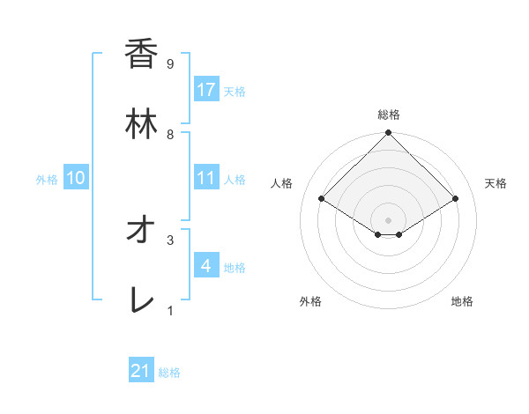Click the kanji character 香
tap(141, 55)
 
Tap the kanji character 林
tap(141, 124)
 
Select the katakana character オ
tap(141, 230)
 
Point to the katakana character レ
tap(141, 299)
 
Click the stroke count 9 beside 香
tap(169, 64)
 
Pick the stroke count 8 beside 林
tap(169, 134)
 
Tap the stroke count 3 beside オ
tap(169, 239)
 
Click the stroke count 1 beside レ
tap(169, 309)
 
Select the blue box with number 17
tap(206, 90)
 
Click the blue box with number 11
tap(206, 178)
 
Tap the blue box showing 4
tap(206, 265)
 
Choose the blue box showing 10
tap(76, 178)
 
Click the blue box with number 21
tap(141, 371)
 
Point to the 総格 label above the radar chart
tap(389, 115)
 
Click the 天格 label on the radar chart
tap(495, 183)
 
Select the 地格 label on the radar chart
tap(462, 301)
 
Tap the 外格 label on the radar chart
tap(310, 301)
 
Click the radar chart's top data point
tap(389, 134)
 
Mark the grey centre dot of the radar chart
tap(389, 219)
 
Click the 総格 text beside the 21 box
tap(169, 373)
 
